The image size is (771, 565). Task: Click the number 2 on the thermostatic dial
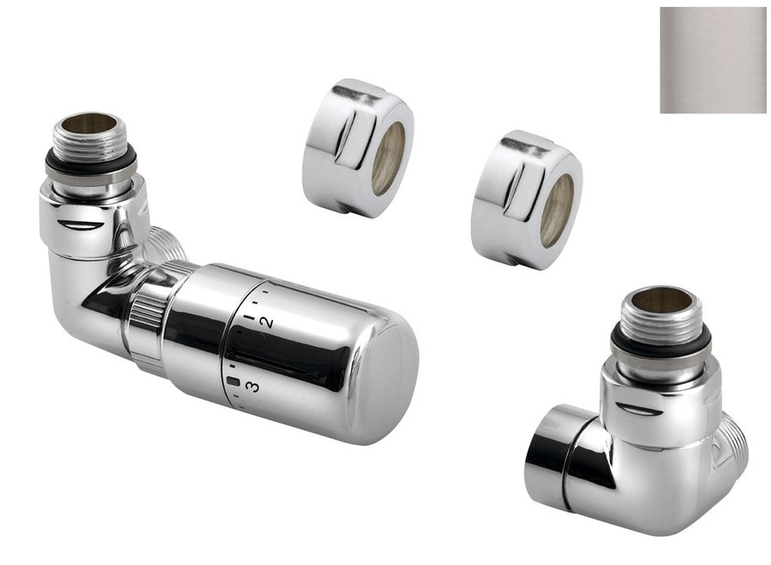click(x=266, y=323)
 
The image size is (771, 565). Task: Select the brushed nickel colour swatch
click(x=713, y=60)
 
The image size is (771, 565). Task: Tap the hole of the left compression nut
click(x=388, y=159)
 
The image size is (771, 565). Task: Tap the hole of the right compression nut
click(x=557, y=210)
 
